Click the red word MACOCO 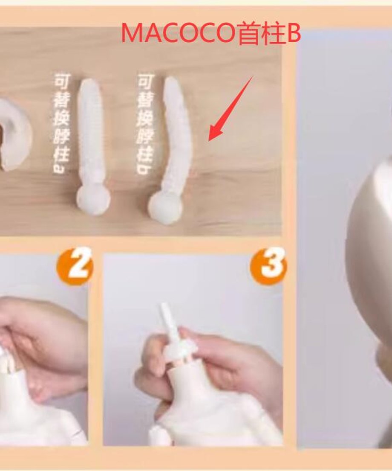tap(178, 33)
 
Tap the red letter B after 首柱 tap(294, 33)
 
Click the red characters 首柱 tap(261, 33)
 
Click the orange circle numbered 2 tap(75, 265)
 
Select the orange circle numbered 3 tap(268, 265)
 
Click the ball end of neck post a tap(93, 200)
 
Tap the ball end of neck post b tap(165, 207)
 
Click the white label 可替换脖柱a tap(62, 123)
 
